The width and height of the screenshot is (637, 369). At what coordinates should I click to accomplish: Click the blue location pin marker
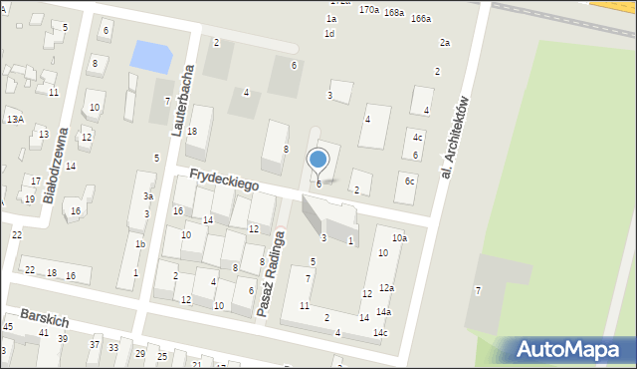[318, 159]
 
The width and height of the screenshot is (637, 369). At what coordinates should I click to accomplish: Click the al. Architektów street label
[454, 138]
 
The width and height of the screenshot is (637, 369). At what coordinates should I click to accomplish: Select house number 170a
[369, 9]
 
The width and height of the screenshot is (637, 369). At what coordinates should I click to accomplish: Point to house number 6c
[409, 181]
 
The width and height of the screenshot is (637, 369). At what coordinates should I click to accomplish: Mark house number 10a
[399, 238]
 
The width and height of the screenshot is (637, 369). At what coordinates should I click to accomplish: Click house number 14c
[380, 332]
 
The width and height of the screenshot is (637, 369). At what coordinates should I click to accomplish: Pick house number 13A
[14, 119]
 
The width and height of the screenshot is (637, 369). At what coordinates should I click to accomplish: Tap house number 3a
[147, 196]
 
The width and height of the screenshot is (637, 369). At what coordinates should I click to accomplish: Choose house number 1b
[140, 244]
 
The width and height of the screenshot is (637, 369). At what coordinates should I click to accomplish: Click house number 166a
[421, 19]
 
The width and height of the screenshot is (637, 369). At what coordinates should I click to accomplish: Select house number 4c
[418, 138]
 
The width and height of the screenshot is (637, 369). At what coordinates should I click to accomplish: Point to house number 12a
[386, 288]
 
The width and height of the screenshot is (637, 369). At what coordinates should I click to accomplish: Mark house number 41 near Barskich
[44, 332]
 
